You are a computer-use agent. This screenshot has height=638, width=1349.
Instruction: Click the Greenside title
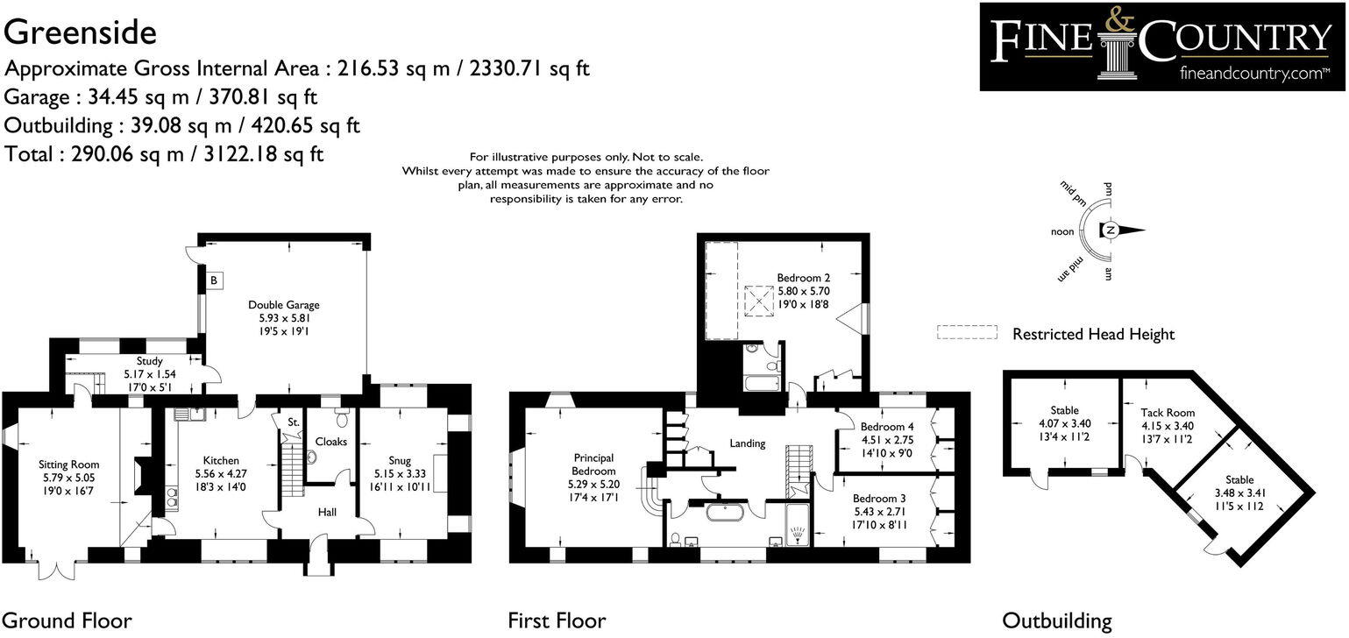tap(80, 33)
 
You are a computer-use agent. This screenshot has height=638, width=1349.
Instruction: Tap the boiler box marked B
tap(214, 280)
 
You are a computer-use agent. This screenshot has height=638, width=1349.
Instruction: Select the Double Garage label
tap(284, 305)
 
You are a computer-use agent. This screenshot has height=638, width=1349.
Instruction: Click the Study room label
tap(149, 361)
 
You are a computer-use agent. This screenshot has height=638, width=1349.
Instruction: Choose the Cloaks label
tap(331, 442)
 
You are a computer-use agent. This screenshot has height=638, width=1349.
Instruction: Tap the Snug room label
tap(400, 460)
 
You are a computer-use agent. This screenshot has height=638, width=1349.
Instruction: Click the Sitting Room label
tap(68, 464)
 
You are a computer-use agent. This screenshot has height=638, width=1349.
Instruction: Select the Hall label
tap(327, 512)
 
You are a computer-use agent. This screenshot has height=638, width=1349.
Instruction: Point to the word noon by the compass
tap(1062, 231)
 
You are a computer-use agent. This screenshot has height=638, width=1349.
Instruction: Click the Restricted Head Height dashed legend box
tap(967, 332)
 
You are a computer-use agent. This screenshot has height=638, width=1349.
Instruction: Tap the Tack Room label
tap(1168, 413)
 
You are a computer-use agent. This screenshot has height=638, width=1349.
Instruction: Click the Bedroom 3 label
tap(879, 499)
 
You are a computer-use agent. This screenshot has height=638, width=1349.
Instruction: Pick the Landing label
tap(748, 443)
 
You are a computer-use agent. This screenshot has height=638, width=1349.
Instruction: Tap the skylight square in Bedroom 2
tap(759, 301)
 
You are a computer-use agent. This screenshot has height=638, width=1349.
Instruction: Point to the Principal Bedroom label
tap(593, 464)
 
